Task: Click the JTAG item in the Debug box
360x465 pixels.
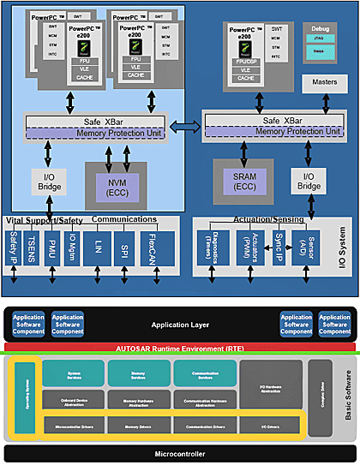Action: point(319,39)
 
